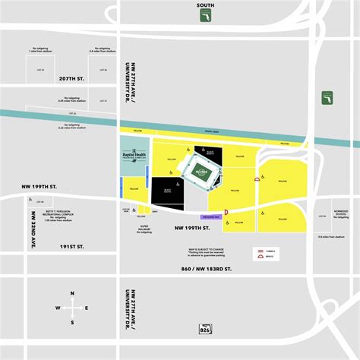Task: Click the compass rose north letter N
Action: click(x=72, y=293)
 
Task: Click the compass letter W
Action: click(x=58, y=308)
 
